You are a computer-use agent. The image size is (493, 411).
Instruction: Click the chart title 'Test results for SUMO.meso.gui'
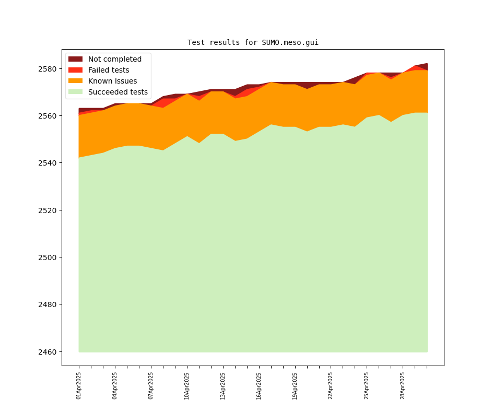(x=253, y=43)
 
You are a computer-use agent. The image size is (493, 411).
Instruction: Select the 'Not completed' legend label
(x=114, y=60)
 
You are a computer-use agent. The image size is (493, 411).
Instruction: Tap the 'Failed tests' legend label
(x=108, y=71)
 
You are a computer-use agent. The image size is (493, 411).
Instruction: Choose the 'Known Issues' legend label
(x=112, y=81)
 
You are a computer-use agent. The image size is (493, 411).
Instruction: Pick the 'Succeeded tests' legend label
(x=118, y=92)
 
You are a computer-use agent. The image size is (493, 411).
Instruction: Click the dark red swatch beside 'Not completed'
(x=75, y=60)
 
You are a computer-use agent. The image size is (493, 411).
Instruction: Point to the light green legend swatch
(x=75, y=92)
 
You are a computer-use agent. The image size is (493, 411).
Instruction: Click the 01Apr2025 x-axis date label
(x=79, y=386)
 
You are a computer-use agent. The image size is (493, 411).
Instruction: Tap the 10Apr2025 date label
(x=187, y=386)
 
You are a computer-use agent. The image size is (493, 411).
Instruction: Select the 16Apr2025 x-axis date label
(x=259, y=386)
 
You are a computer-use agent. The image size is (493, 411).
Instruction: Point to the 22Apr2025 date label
(x=331, y=386)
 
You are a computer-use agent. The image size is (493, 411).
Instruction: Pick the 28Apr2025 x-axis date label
(x=403, y=386)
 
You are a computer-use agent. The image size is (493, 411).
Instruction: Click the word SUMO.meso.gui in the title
(x=290, y=43)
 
